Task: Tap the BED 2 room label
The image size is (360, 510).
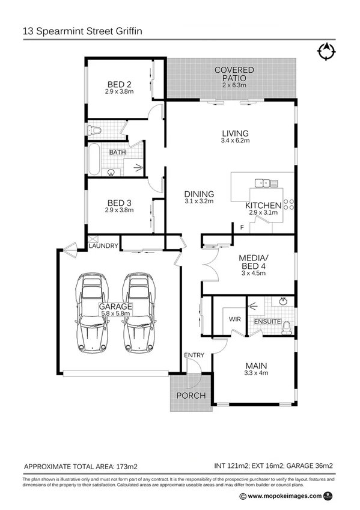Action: click(119, 84)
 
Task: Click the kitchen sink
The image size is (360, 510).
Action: click(262, 182)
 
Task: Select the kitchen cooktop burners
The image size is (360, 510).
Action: click(287, 205)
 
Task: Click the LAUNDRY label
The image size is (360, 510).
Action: click(103, 245)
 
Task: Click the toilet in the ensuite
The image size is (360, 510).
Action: click(288, 326)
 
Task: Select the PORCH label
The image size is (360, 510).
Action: click(191, 396)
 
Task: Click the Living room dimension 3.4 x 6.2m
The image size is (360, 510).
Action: click(235, 140)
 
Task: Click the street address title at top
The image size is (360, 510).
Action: click(84, 29)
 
